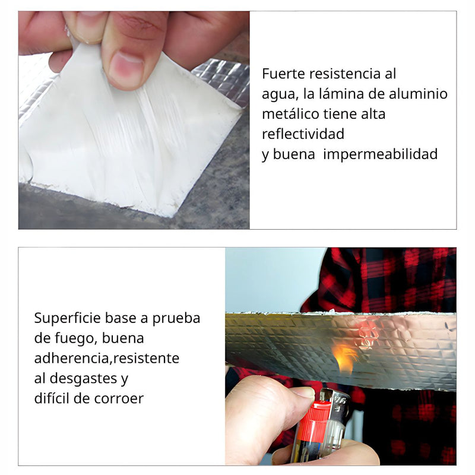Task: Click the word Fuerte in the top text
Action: pyautogui.click(x=281, y=74)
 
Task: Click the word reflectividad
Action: pyautogui.click(x=303, y=134)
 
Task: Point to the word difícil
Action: pyautogui.click(x=55, y=398)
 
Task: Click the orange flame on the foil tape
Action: pyautogui.click(x=344, y=357)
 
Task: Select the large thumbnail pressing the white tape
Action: pyautogui.click(x=126, y=69)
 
